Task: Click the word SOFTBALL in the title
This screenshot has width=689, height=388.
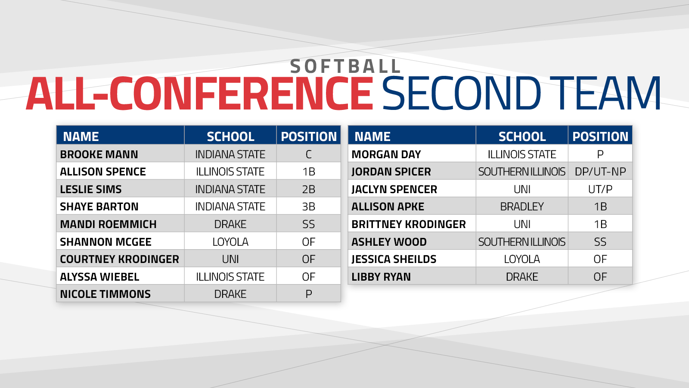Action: pos(345,66)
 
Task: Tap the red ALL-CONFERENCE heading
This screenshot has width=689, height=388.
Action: pos(200,94)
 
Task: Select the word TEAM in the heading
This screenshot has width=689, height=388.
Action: pos(605,94)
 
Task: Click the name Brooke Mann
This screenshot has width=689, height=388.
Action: pos(99,154)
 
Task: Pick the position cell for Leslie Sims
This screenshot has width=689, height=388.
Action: pos(308,189)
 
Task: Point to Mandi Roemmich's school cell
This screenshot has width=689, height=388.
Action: pos(230,224)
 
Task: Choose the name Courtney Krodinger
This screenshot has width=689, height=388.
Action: pos(119,259)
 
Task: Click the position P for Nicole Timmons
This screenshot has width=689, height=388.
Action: pos(308,294)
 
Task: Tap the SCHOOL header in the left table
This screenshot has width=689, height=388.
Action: pos(230,136)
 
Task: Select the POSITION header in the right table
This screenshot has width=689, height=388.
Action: pos(600,136)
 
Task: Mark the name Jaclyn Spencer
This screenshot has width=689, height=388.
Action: pos(394,189)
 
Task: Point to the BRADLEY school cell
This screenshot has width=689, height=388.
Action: pos(522,207)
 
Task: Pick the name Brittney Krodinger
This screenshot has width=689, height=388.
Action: pos(409,224)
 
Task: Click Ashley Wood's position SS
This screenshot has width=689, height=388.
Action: pos(600,242)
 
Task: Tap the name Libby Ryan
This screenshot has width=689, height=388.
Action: pos(381,277)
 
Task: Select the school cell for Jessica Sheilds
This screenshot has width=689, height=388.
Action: pos(522,259)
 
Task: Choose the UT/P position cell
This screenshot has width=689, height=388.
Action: pos(600,189)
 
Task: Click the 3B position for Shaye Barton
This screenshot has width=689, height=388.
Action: pos(308,207)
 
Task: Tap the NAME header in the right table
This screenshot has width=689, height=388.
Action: pos(372,136)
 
